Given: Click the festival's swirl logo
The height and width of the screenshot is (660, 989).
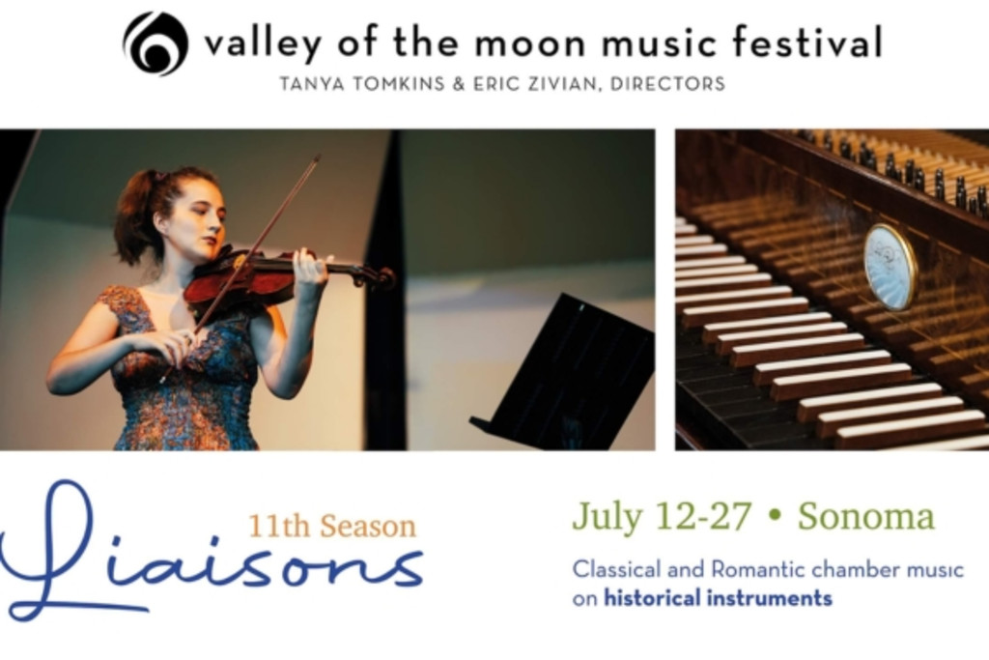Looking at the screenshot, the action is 155,43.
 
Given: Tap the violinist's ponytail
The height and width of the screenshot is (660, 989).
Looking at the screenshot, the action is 132,215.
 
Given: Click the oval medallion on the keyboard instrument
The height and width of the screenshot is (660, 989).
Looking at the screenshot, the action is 889,267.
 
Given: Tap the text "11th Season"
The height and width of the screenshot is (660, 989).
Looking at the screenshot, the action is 332,527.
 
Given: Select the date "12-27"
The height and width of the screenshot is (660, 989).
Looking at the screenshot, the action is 703,516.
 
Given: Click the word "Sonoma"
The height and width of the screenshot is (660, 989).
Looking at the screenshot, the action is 866,516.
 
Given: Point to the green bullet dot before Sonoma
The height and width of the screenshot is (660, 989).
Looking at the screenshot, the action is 776,517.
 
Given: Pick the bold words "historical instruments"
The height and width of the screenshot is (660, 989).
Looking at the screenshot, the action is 719,597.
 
